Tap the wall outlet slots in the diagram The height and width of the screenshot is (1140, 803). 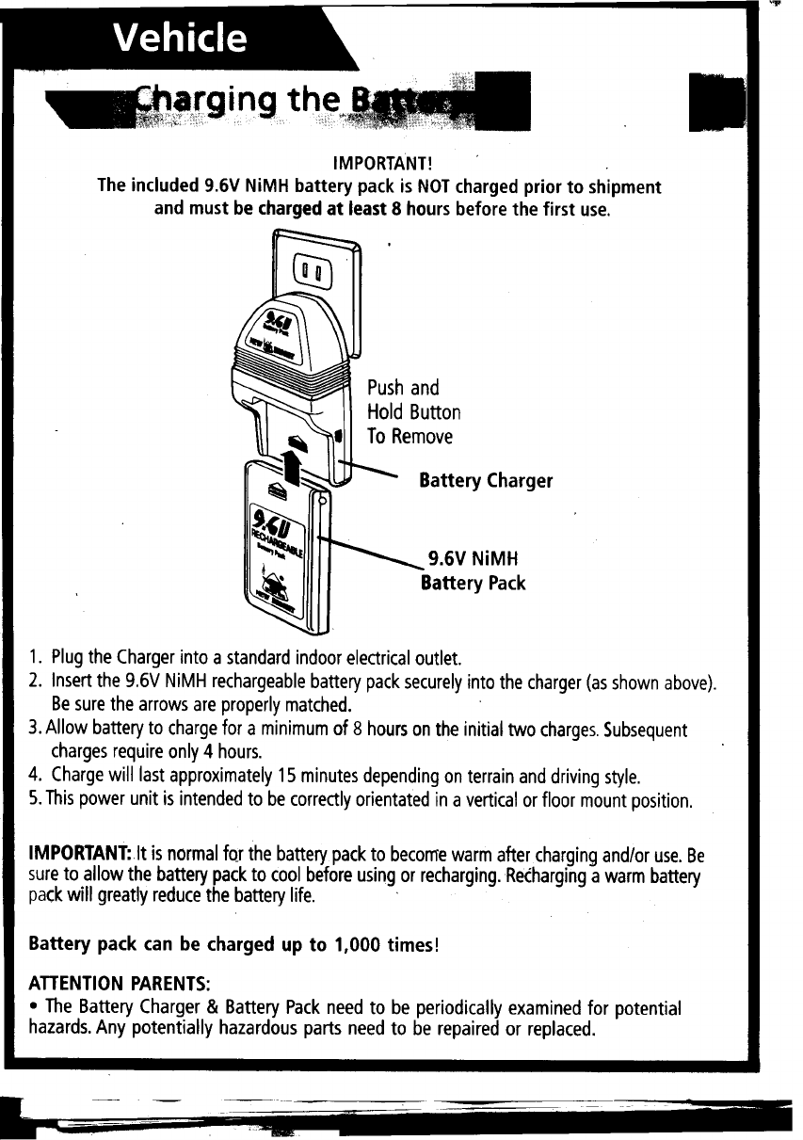click(313, 276)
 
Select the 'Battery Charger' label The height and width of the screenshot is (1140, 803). click(486, 481)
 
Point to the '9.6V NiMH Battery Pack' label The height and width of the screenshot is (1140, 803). click(474, 570)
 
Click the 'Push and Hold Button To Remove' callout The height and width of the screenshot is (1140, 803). click(414, 412)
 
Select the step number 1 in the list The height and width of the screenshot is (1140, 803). click(34, 656)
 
